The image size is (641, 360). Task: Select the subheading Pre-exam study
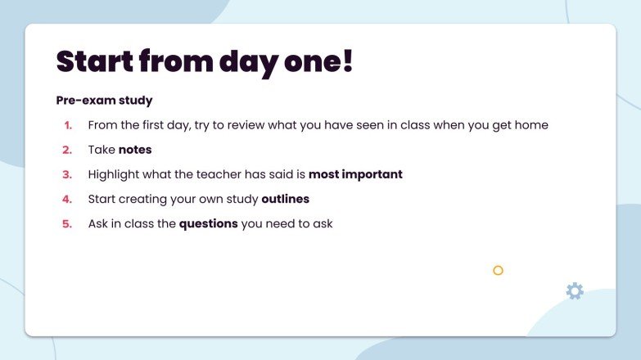104,101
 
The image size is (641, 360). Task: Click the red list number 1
68,125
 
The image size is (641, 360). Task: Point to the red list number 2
67,150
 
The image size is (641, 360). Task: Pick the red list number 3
67,174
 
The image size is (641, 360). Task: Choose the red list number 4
67,199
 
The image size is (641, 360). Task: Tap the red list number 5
67,223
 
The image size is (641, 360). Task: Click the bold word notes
135,150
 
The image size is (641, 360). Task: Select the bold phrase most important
355,174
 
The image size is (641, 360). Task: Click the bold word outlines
285,199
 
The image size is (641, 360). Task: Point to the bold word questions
208,223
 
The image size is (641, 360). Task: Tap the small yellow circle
498,270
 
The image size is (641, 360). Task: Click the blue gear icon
575,290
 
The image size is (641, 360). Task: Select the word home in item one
531,125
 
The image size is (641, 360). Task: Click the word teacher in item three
216,174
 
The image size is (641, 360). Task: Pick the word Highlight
115,174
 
